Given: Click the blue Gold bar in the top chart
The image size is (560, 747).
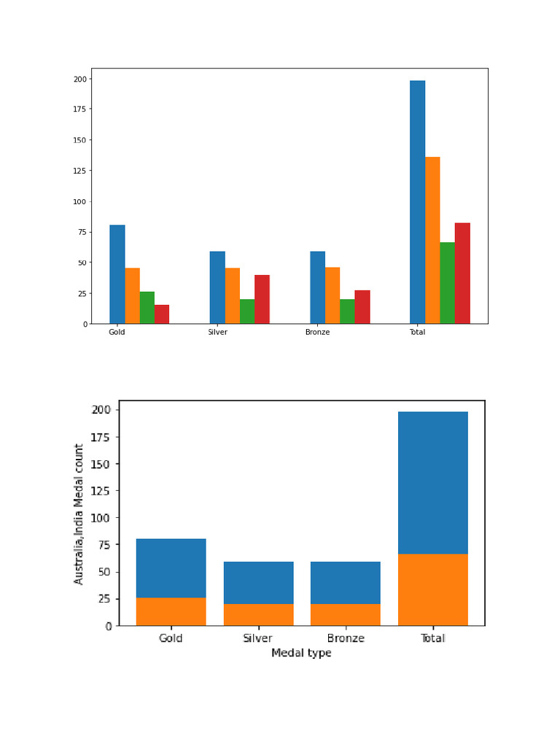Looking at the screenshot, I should [x=117, y=274].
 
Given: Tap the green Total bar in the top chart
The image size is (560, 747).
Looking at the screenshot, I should [x=447, y=283].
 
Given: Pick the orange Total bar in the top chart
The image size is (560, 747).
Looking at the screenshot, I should [x=432, y=240].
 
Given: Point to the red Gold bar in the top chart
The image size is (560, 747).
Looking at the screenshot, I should [x=162, y=314].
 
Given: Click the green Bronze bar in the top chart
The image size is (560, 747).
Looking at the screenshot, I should [x=347, y=311].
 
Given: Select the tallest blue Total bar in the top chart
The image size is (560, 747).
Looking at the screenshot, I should [x=417, y=202].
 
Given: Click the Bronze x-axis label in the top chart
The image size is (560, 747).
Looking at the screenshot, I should [x=317, y=333].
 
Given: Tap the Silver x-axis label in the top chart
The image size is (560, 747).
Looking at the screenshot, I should [x=217, y=333].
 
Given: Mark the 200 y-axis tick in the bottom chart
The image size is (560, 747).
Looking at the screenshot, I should [x=101, y=410].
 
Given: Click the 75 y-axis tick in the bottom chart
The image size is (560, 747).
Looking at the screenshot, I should [x=105, y=545].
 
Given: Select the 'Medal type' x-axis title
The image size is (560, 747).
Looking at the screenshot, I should [x=301, y=653].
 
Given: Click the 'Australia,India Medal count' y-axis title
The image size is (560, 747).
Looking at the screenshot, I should [x=79, y=514].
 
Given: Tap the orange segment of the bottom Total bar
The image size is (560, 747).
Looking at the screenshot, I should [x=432, y=589].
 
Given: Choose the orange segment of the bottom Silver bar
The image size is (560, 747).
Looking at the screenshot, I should [x=258, y=614].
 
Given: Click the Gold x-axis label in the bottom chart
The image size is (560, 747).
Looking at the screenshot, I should [x=171, y=638].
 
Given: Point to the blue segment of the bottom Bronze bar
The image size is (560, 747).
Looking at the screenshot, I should [x=345, y=582].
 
